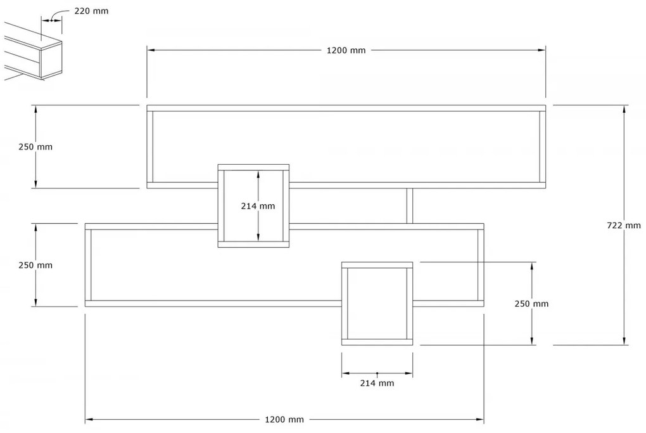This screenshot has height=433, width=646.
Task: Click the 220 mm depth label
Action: (x=91, y=10)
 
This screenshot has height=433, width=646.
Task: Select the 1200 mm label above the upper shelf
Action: (x=346, y=51)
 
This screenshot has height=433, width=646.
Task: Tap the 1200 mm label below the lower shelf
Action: (x=284, y=420)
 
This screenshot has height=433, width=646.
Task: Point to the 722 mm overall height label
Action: (x=624, y=225)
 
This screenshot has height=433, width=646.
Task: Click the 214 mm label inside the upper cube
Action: (x=258, y=205)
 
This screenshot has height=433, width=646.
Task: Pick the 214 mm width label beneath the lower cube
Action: (x=377, y=383)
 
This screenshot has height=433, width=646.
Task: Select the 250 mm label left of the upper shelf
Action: (x=36, y=146)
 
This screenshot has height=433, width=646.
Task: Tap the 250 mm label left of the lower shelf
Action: (x=36, y=265)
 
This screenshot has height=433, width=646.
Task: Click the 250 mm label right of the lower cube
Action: (x=532, y=304)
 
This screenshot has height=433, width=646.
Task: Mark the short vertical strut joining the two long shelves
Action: (x=409, y=206)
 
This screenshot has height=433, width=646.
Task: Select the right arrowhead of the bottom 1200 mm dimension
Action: (x=479, y=419)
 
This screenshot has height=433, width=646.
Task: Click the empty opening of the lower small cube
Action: (x=377, y=304)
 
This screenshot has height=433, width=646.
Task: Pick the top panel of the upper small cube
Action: (x=253, y=167)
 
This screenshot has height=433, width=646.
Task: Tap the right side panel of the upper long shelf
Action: (x=542, y=146)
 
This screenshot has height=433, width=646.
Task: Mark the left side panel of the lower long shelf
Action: (x=88, y=265)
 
